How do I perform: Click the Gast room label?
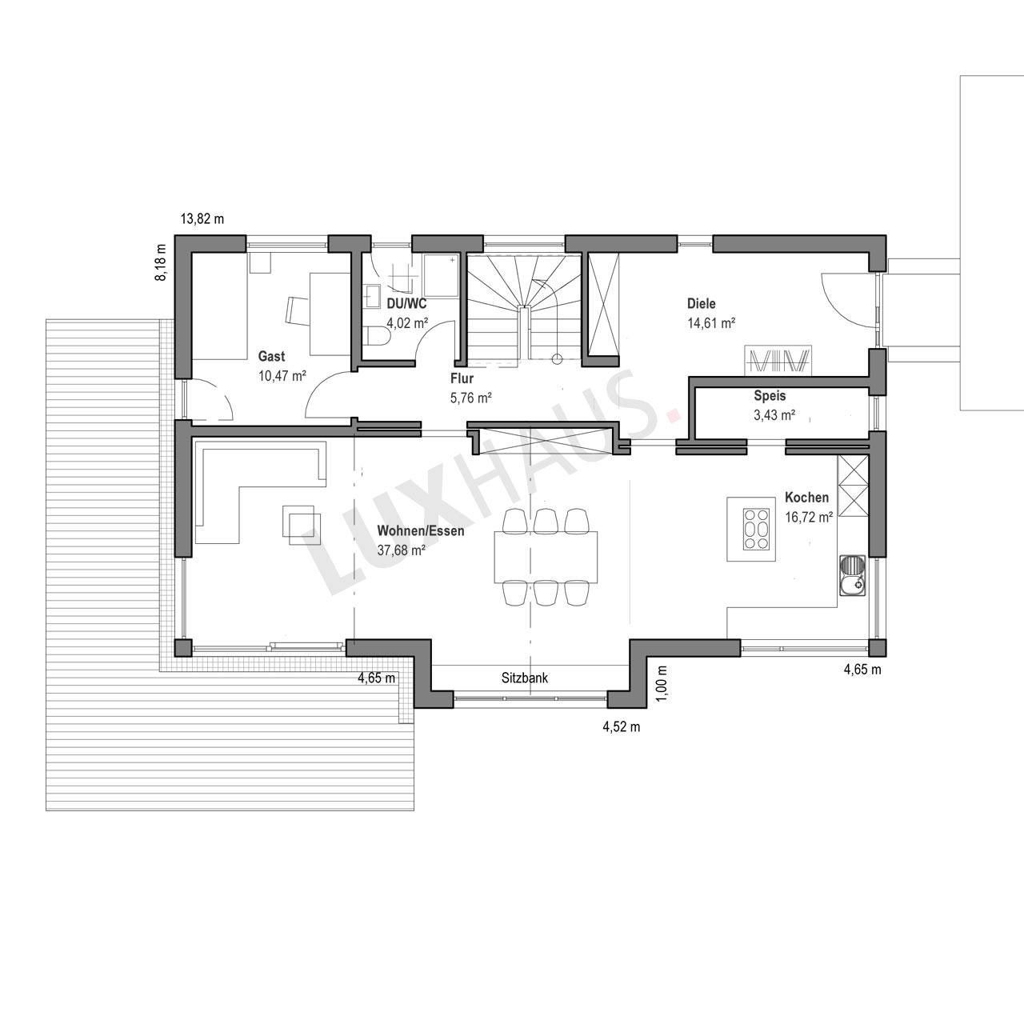click(x=271, y=356)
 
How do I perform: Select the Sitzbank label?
click(x=525, y=678)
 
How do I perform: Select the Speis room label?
click(x=770, y=396)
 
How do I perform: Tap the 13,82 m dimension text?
click(x=202, y=219)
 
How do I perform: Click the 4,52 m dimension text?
click(x=622, y=727)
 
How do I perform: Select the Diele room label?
click(x=702, y=304)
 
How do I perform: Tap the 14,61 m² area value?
click(x=711, y=323)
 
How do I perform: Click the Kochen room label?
click(x=806, y=498)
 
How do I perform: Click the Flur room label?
click(x=462, y=379)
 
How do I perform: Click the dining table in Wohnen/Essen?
click(x=546, y=556)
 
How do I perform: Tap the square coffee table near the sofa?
click(x=302, y=525)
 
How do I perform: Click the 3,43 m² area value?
click(x=774, y=415)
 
